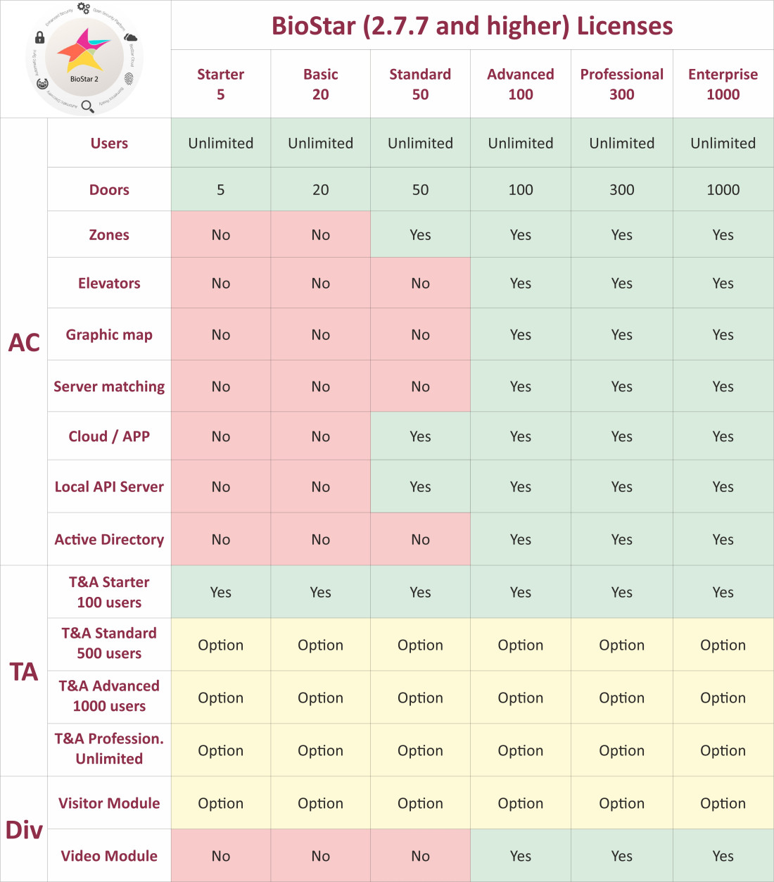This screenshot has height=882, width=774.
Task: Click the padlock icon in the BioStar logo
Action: pos(39,37)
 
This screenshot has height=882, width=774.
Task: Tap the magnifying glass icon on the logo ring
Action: pos(87,106)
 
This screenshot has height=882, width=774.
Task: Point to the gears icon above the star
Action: pos(84,8)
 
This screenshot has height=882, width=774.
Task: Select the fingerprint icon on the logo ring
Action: pos(129,77)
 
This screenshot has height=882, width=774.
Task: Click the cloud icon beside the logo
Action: pos(130,37)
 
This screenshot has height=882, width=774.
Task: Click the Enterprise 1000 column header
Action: pos(723,84)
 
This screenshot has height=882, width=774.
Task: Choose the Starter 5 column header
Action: pos(220,84)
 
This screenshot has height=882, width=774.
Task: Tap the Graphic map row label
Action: pos(109,334)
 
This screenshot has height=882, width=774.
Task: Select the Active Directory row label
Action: pos(109,539)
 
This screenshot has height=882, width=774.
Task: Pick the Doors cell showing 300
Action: pos(621,189)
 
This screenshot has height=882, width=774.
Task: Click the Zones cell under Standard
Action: pos(420,234)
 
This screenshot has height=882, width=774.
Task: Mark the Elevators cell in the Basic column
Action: pos(320,283)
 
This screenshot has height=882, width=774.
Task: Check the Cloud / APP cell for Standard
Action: pos(420,436)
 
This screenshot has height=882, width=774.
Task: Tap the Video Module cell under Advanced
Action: pos(520,856)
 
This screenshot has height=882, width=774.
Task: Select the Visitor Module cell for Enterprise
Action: pos(723,803)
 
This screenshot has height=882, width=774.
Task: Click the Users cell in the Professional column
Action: pos(621,143)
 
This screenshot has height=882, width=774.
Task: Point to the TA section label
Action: pos(24,672)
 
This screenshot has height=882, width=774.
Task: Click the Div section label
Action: pos(24,830)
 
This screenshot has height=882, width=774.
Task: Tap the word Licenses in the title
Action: pos(625,26)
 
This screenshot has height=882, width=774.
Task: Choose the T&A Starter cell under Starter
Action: pos(220,592)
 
